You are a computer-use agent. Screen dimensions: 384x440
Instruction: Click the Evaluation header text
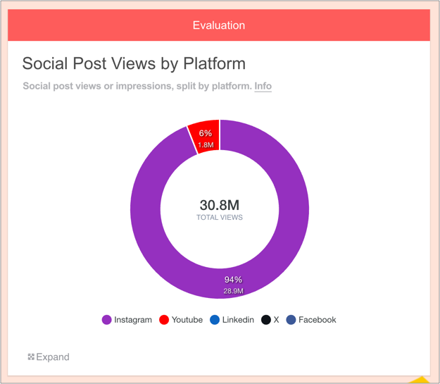[x=219, y=25]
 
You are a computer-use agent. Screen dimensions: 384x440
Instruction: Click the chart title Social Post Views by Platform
[x=134, y=63]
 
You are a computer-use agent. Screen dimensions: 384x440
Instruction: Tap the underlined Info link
[x=263, y=86]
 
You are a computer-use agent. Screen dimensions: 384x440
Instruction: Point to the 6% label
[x=206, y=133]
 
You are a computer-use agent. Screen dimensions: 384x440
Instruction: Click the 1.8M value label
[x=206, y=145]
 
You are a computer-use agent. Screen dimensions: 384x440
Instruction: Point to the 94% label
[x=234, y=280]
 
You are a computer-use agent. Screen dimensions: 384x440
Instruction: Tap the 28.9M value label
[x=234, y=291]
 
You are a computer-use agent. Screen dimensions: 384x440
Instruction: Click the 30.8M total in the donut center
[x=219, y=205]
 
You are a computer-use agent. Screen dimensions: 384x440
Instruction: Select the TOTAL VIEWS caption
[x=219, y=218]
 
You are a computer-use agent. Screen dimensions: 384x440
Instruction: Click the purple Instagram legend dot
[x=106, y=320]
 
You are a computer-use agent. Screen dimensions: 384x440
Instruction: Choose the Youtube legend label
[x=187, y=320]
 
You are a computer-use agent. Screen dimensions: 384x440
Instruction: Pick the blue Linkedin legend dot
[x=215, y=320]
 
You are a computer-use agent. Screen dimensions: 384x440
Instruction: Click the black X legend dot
[x=266, y=320]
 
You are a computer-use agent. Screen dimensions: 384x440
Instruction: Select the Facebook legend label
[x=317, y=320]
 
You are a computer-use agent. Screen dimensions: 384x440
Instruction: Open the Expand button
[x=53, y=357]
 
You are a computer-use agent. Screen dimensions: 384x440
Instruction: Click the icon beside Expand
[x=31, y=357]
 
